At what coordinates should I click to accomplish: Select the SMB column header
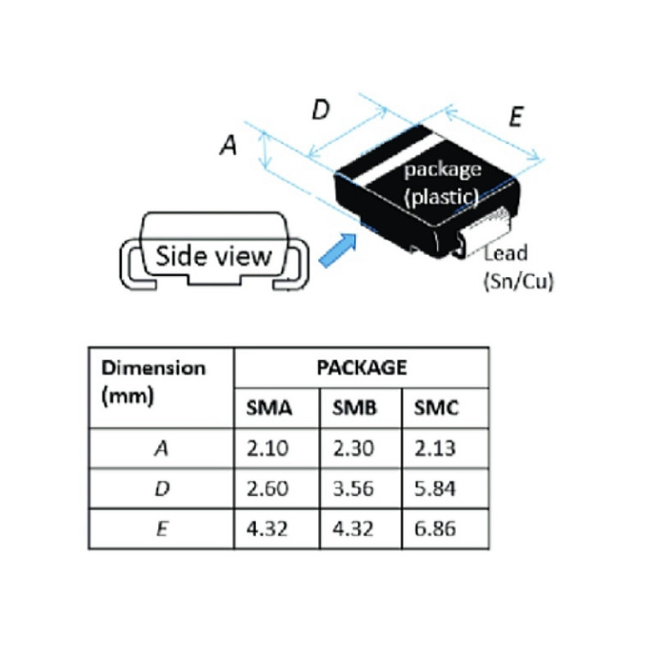tap(353, 408)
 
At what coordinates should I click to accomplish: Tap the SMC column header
tap(436, 408)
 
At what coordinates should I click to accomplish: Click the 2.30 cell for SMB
tap(353, 448)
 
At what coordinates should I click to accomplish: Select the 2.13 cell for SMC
tap(436, 448)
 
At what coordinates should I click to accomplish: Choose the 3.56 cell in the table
tap(353, 488)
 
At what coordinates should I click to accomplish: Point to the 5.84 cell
tap(436, 488)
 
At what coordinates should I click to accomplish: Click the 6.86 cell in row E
tap(436, 529)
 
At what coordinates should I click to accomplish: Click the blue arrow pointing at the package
tap(336, 251)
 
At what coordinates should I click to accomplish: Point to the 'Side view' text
tap(213, 256)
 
